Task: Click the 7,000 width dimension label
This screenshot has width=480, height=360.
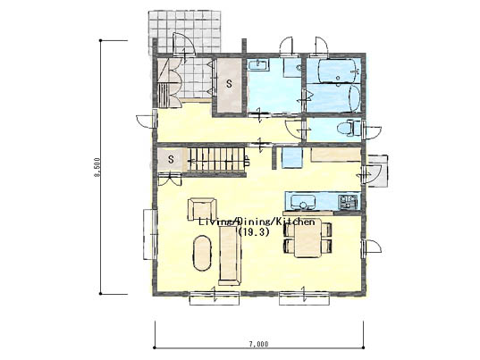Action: point(258,344)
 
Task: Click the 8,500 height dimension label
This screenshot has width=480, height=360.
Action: point(97,167)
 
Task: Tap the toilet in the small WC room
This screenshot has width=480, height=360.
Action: point(349,128)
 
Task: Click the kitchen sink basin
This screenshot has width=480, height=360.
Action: point(303,202)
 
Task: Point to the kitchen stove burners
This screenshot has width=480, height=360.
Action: point(348,202)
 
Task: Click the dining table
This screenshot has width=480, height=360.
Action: point(307,239)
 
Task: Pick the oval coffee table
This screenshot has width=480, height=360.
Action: point(202,253)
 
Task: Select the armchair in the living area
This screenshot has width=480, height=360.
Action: point(202,209)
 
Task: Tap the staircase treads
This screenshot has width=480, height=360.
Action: point(216,159)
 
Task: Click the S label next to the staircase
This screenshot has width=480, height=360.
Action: point(171,159)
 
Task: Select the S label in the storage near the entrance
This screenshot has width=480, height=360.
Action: point(230,84)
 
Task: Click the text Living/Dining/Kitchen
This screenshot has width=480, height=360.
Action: point(257,222)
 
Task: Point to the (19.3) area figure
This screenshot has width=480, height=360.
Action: point(254,232)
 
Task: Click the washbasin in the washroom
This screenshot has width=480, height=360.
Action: point(258,65)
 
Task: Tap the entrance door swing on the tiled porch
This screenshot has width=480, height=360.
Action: point(184,45)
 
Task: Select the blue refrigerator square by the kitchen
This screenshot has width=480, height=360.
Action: point(292,158)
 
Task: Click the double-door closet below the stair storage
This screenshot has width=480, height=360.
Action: point(170,179)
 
